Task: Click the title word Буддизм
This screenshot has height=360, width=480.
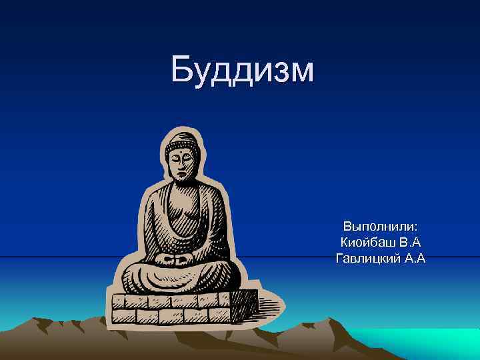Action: pyautogui.click(x=241, y=70)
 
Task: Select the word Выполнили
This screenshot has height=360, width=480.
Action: pyautogui.click(x=379, y=227)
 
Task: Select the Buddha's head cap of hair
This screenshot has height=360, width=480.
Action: pyautogui.click(x=179, y=141)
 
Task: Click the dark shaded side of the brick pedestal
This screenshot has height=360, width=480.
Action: pyautogui.click(x=243, y=307)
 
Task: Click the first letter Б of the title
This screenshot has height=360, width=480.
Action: pyautogui.click(x=181, y=70)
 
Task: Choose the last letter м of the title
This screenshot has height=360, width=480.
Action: pyautogui.click(x=299, y=72)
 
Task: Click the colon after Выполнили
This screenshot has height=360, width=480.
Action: pyautogui.click(x=415, y=228)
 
